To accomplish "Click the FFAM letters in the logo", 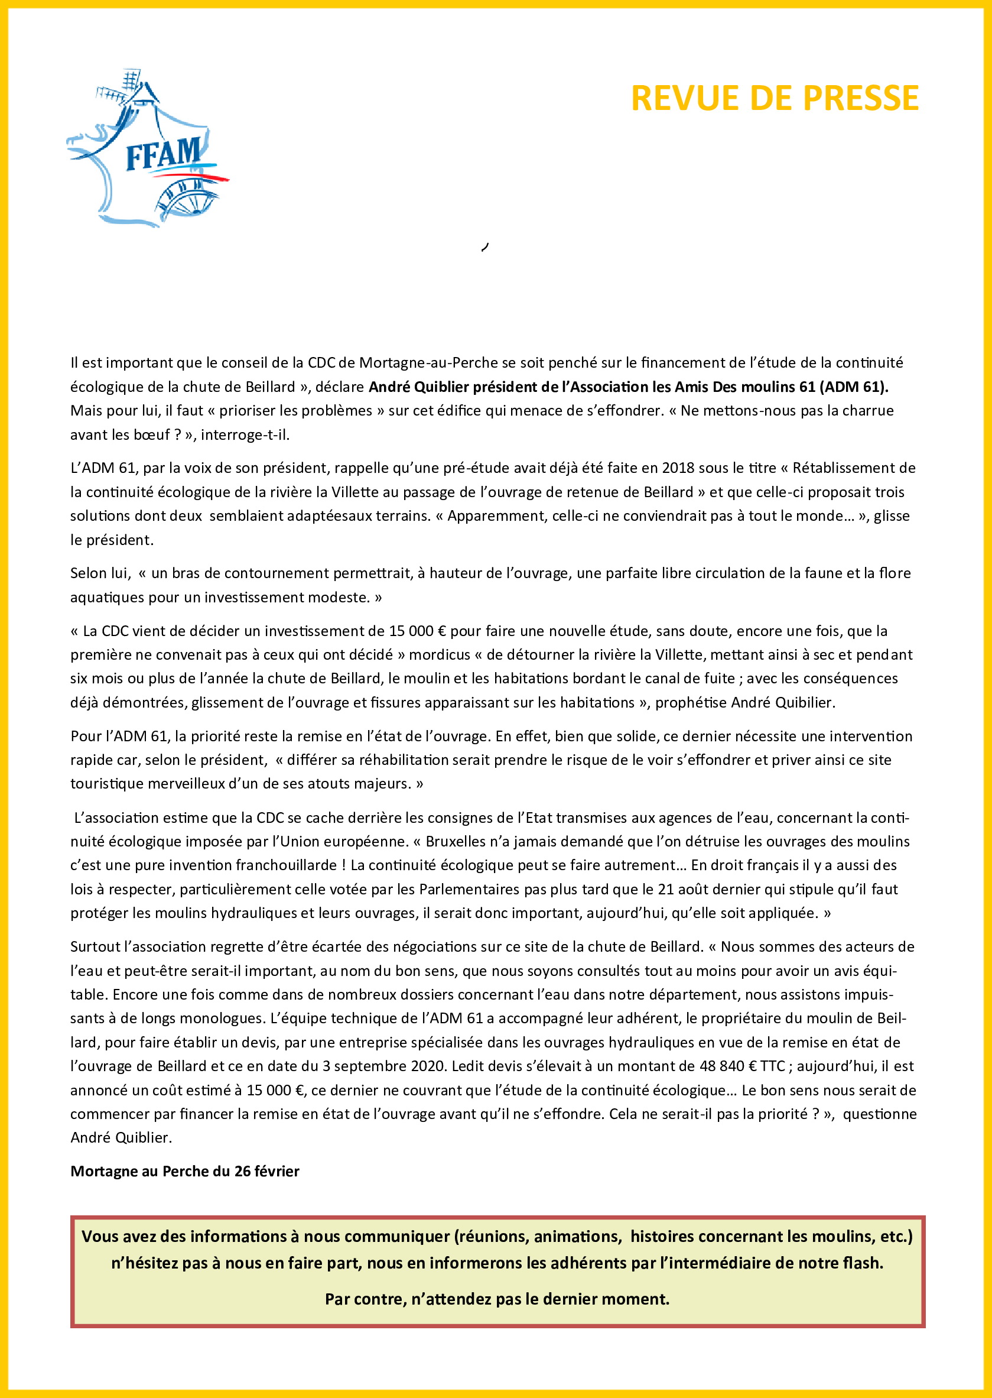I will (163, 153).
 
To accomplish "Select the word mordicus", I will (437, 655).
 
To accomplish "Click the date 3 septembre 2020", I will (385, 1066).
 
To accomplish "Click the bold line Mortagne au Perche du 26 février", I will (185, 1172).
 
